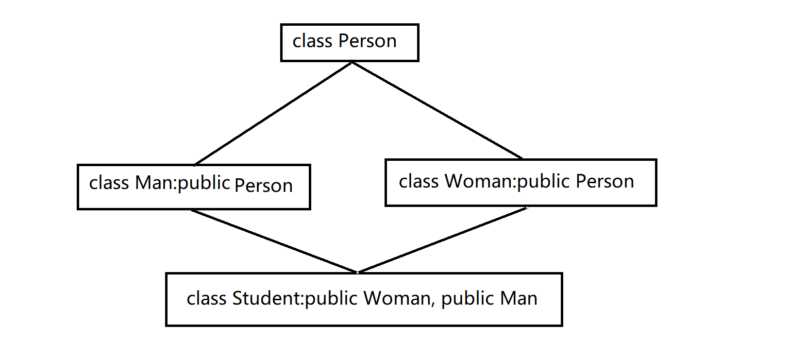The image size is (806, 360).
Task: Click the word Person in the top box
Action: tap(368, 41)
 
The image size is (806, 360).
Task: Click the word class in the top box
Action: tap(312, 41)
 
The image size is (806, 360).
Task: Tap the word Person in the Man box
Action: tap(263, 186)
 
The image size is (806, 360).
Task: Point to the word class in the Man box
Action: tap(109, 182)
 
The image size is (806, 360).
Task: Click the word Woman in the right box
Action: tap(479, 181)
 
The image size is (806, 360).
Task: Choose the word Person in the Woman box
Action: tap(604, 181)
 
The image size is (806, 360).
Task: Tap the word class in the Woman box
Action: tap(419, 181)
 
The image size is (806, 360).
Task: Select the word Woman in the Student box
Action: tap(397, 298)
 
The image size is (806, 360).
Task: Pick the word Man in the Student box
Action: tap(519, 298)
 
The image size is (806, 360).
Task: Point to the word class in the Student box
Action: tap(206, 298)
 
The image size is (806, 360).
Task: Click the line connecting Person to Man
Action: tap(273, 113)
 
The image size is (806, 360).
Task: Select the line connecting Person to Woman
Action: tap(437, 110)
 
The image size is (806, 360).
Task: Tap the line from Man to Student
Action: tap(274, 241)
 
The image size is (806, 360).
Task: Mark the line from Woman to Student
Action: tap(443, 240)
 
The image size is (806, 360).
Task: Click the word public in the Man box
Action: tap(203, 183)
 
